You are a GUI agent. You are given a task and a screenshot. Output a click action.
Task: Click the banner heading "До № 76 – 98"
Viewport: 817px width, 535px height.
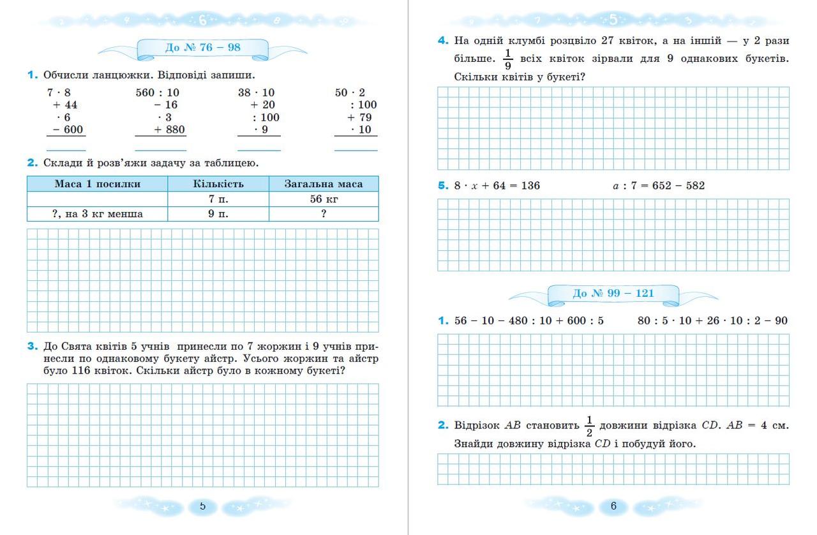click(202, 48)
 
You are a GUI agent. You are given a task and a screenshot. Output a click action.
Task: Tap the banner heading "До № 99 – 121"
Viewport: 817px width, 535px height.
click(613, 293)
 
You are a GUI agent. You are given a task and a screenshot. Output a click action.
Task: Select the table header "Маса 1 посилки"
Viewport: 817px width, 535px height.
click(97, 184)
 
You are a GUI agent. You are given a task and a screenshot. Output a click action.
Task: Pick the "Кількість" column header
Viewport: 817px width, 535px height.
click(218, 184)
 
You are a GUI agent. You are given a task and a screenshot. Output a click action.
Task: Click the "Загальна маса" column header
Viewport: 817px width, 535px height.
click(324, 184)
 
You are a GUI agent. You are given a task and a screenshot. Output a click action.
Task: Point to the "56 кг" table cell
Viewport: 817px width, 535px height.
click(324, 199)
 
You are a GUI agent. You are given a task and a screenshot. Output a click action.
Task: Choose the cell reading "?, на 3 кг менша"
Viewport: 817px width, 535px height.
click(97, 214)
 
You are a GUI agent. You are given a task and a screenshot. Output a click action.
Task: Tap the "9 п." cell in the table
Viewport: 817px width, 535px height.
click(218, 214)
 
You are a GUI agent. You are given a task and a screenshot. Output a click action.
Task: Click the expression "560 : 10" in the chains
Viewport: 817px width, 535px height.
click(157, 93)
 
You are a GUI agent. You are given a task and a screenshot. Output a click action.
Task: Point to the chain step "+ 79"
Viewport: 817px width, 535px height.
click(359, 117)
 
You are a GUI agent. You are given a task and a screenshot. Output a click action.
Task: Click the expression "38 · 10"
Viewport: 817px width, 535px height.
click(256, 93)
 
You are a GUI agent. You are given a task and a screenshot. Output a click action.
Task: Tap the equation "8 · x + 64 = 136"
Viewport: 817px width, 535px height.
click(497, 186)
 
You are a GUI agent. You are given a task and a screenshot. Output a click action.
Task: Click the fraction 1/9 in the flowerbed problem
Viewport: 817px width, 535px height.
click(508, 59)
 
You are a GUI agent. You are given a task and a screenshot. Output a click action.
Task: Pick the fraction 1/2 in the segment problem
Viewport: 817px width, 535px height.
click(589, 426)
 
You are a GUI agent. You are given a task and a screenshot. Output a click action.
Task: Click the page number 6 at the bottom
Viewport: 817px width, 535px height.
click(613, 506)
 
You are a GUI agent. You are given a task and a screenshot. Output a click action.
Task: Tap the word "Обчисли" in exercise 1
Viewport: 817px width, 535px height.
click(64, 75)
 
